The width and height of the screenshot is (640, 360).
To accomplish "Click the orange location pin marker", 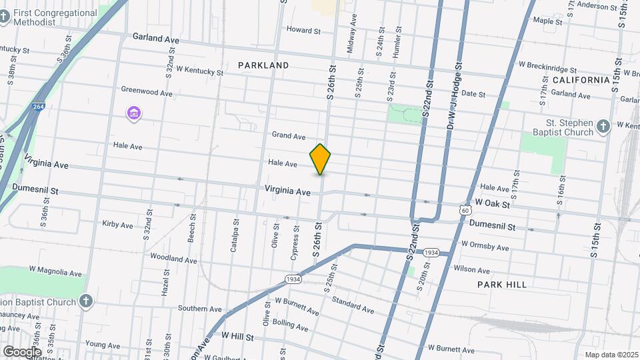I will (321, 159).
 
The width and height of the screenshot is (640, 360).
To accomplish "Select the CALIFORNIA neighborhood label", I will (581, 80).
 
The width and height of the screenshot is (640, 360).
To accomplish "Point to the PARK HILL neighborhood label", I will (502, 285).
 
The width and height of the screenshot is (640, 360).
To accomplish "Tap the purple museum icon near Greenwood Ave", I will (134, 113).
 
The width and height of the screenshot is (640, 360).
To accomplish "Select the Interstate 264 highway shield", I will (38, 106).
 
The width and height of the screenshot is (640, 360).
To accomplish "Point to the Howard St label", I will (303, 30).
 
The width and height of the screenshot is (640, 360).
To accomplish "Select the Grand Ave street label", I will (289, 135).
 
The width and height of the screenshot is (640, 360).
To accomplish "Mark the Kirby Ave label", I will (118, 225).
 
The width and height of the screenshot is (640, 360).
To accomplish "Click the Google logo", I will (22, 351).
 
